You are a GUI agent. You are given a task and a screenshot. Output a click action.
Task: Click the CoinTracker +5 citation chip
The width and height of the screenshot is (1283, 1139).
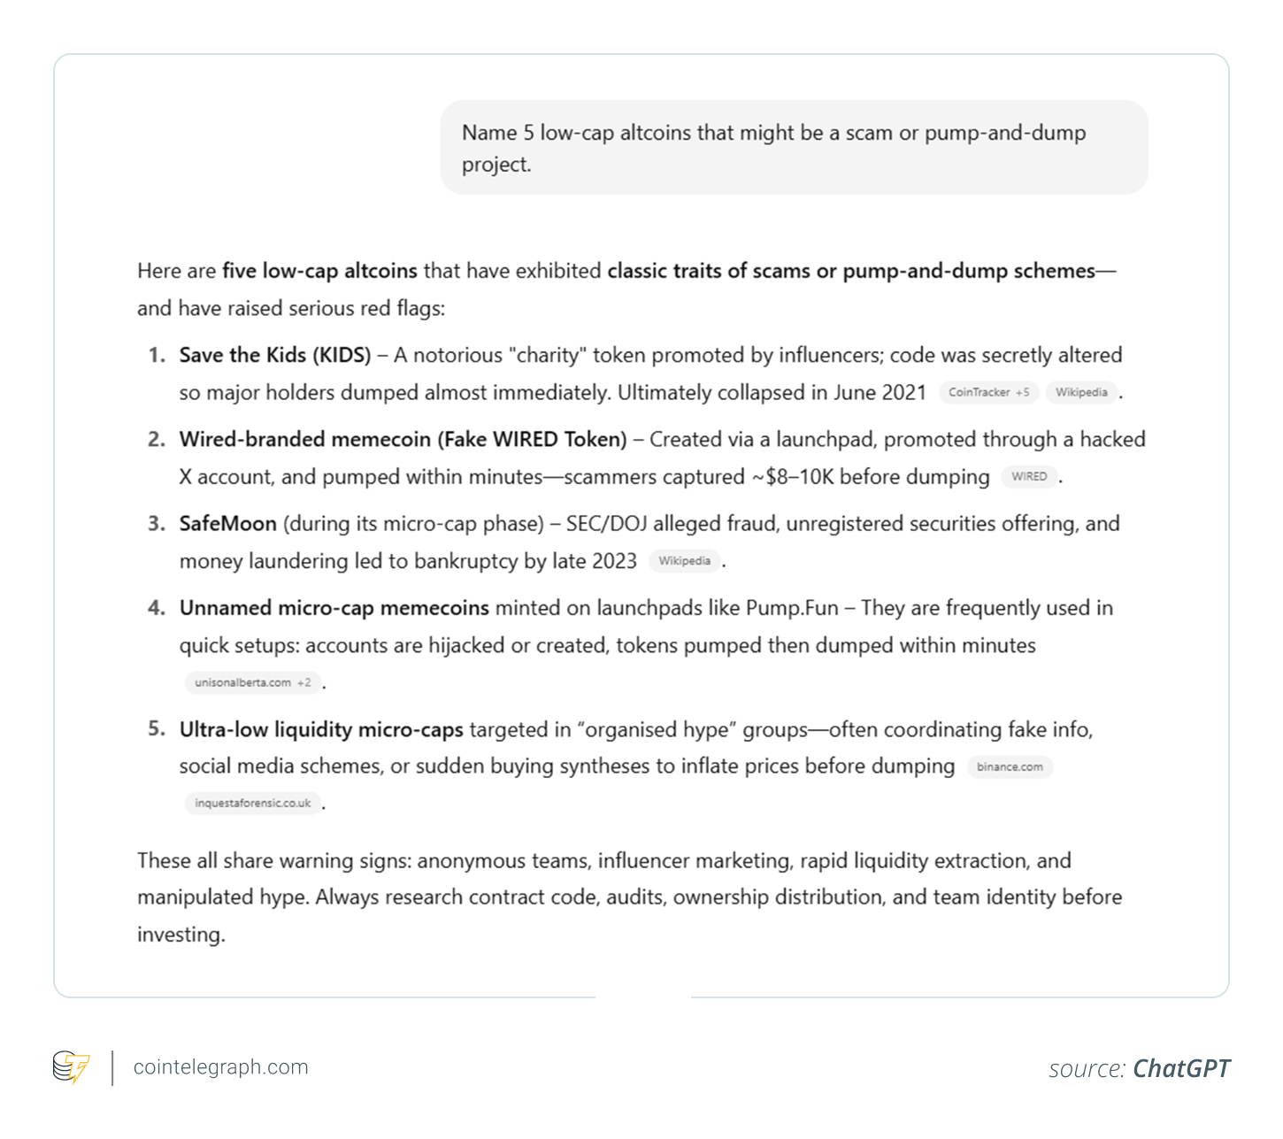click(x=988, y=392)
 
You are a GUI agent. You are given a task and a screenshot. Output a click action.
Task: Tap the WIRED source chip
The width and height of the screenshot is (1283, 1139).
click(x=1029, y=476)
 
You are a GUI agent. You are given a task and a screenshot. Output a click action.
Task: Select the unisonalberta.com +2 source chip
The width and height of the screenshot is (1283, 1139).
click(x=252, y=682)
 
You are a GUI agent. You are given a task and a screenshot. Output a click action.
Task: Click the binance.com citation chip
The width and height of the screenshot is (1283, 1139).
click(x=1010, y=766)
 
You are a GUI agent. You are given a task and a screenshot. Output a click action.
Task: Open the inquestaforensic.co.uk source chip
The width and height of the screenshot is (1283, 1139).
click(x=252, y=803)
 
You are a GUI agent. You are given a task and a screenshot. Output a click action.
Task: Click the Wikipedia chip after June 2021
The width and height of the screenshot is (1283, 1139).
click(x=1080, y=392)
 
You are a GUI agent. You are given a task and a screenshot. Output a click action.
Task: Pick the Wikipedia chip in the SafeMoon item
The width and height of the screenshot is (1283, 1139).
click(x=684, y=560)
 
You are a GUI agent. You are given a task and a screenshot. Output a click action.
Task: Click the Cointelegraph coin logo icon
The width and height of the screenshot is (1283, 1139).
click(x=71, y=1067)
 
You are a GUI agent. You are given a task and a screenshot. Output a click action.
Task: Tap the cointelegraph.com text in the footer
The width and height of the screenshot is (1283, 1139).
click(x=220, y=1067)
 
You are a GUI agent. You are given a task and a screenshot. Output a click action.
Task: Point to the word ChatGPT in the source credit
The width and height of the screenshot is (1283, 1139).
click(x=1181, y=1069)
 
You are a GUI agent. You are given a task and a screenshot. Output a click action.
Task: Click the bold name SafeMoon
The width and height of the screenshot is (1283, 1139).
click(x=227, y=524)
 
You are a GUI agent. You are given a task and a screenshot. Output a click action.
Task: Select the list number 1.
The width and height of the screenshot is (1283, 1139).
click(x=157, y=356)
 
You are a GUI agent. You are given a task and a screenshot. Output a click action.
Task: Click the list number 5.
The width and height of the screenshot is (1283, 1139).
click(x=157, y=729)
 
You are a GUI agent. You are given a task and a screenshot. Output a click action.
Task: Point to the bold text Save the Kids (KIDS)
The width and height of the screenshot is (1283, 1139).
click(x=275, y=356)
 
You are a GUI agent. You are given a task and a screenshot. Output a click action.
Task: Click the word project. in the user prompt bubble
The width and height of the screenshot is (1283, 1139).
click(x=496, y=165)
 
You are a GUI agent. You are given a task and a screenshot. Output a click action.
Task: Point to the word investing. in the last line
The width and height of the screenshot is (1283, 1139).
click(x=181, y=935)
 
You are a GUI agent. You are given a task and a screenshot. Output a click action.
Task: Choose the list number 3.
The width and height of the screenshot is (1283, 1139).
click(x=157, y=524)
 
